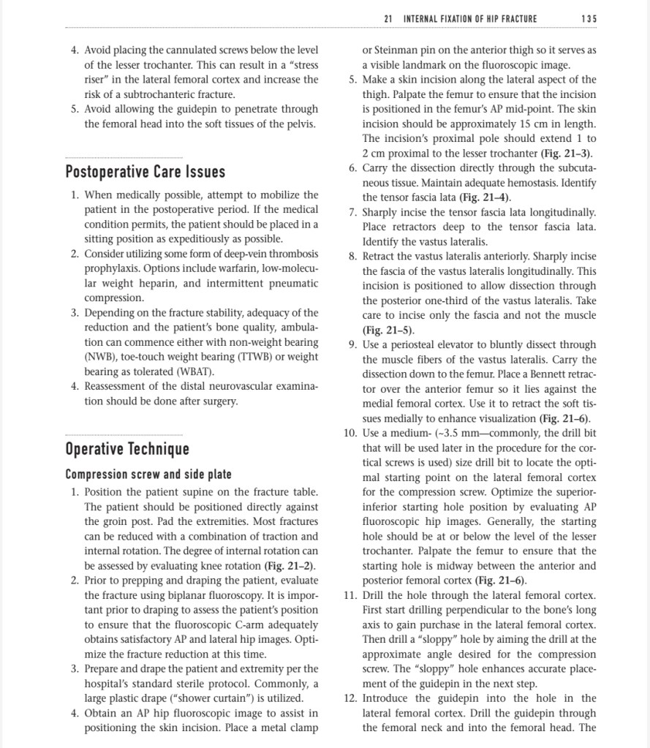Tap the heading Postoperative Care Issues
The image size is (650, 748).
point(145,172)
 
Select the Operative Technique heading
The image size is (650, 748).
point(127,448)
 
